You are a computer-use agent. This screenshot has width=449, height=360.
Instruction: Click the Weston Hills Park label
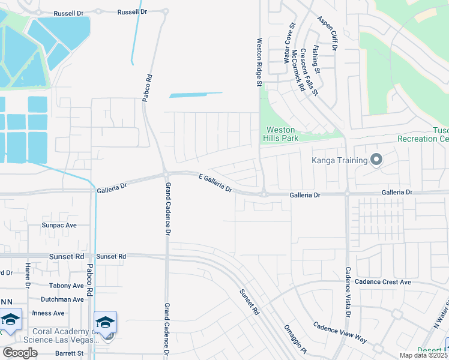tap(280, 134)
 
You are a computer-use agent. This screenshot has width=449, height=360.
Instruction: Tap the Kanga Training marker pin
tap(376, 160)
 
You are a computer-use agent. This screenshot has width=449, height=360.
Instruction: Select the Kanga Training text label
tap(339, 160)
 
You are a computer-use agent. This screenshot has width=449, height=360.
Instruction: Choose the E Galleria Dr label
tap(215, 183)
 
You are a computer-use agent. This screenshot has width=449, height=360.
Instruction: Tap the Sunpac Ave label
tap(59, 226)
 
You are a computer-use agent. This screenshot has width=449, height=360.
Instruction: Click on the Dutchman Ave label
tap(62, 299)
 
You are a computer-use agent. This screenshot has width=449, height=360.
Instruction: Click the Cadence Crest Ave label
tap(383, 282)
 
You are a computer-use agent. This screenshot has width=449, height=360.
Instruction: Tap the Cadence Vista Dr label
tap(348, 292)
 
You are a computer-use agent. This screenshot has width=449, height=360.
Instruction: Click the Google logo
tap(20, 352)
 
